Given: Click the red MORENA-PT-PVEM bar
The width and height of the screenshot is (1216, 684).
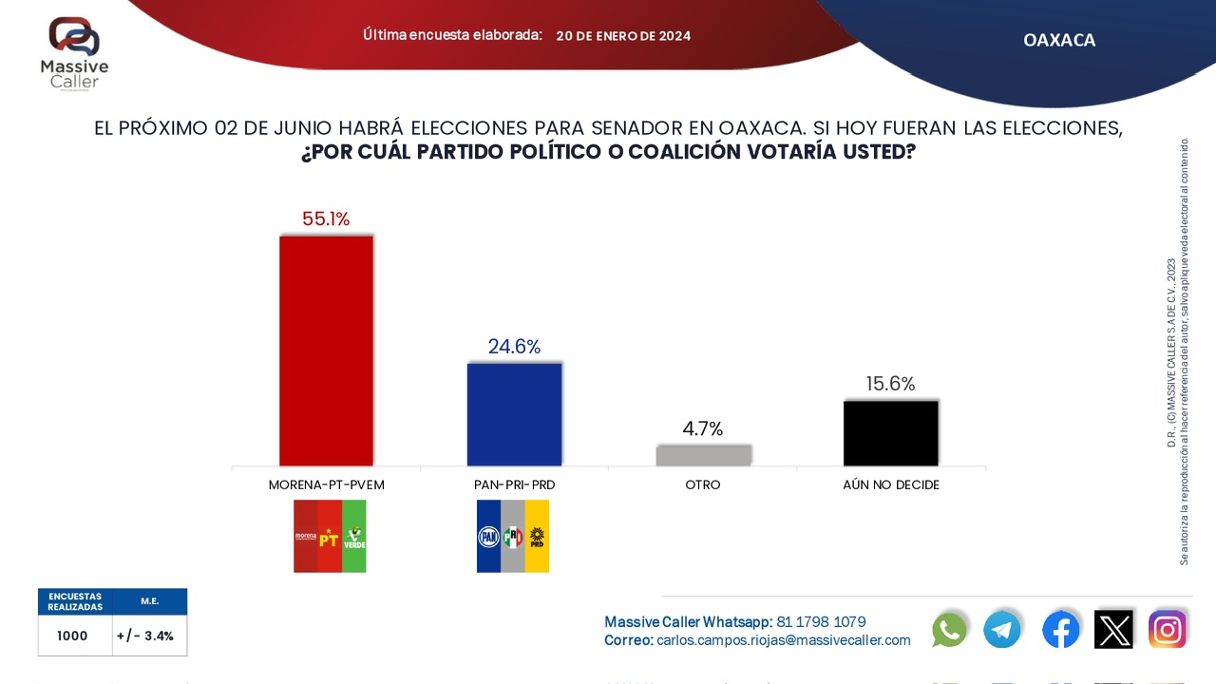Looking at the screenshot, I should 326,351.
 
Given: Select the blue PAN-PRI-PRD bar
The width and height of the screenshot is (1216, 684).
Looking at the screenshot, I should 514,414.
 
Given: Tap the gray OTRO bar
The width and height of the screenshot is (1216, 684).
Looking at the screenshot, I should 703,455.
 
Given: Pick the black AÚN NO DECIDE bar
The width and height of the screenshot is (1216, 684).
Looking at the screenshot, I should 891,433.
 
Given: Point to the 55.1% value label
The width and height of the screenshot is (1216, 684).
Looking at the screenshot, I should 326,219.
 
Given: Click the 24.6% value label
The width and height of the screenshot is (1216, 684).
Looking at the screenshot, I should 514,347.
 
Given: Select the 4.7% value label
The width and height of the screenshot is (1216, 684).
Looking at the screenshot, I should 703,428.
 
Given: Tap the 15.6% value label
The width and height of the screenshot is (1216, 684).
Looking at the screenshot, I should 891,384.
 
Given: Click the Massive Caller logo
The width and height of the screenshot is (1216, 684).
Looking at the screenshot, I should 74,51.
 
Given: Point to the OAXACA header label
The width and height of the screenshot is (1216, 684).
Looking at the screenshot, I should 1059,40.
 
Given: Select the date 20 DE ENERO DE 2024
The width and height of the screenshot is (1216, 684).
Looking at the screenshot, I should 623,36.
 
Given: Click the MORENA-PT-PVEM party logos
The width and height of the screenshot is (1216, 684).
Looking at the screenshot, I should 330,537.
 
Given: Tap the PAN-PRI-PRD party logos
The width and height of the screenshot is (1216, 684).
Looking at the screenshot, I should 513,537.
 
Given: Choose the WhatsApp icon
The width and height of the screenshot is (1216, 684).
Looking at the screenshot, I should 950,629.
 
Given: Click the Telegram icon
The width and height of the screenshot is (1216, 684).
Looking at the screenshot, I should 1002,629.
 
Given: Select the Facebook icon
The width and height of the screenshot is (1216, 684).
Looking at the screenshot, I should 1060,629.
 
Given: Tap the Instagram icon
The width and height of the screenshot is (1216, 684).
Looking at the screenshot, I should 1168,629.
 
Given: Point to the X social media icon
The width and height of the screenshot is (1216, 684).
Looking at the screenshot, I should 1113,629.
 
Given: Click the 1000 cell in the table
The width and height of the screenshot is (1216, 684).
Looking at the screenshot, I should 72,636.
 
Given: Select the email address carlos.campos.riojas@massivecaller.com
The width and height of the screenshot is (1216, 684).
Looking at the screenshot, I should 784,640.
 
